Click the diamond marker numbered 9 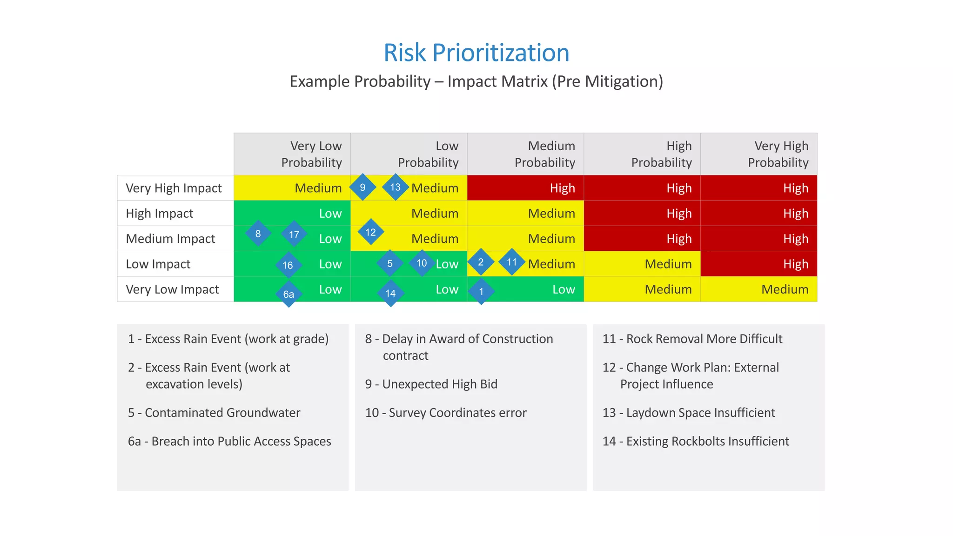point(362,188)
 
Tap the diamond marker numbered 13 point(395,187)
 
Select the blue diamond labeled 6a point(289,294)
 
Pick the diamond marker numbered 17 point(294,234)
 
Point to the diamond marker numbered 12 point(370,232)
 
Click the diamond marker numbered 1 point(481,292)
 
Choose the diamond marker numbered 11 point(512,262)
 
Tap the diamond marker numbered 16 point(288,265)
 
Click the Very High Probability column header point(759,154)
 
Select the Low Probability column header point(409,154)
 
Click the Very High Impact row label point(174,188)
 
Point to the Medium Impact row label point(171,239)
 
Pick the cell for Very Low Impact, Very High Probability point(759,289)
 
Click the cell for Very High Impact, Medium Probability point(525,188)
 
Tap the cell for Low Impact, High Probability point(642,264)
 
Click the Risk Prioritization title point(476,53)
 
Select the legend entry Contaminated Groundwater point(214,413)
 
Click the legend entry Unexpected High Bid point(431,384)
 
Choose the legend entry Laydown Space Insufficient point(689,413)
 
